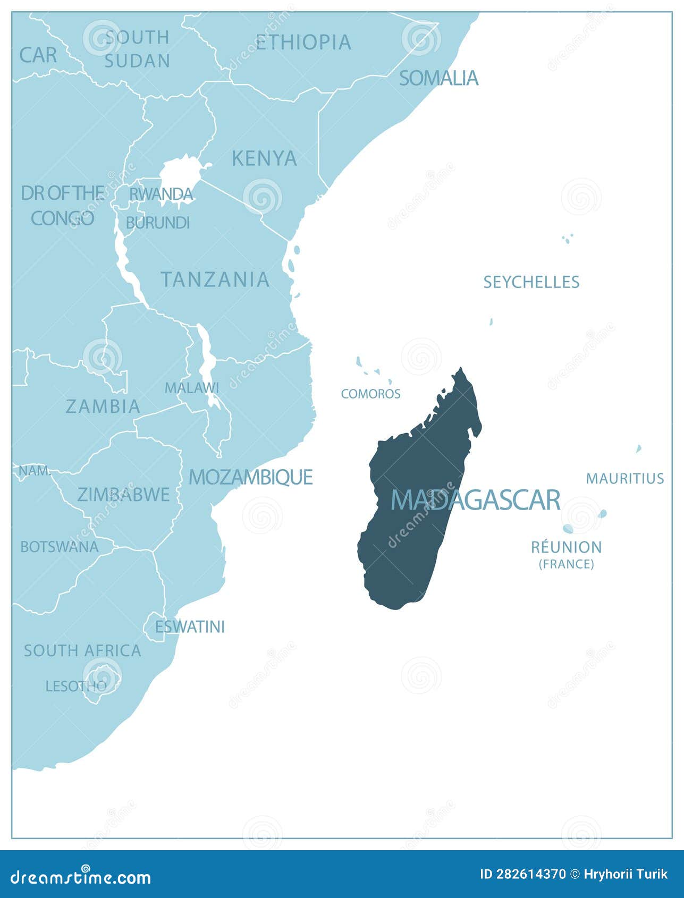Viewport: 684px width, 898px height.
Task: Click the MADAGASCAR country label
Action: tap(475, 499)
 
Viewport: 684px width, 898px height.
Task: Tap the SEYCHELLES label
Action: tap(531, 282)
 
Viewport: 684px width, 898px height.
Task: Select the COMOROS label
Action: tap(370, 394)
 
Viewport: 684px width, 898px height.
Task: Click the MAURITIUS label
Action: tap(624, 478)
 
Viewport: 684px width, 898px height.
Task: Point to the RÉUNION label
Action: tap(567, 547)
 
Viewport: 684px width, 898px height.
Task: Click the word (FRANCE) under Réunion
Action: tap(567, 564)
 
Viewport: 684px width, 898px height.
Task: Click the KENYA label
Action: tap(264, 158)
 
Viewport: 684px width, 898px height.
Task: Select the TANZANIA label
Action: tap(215, 279)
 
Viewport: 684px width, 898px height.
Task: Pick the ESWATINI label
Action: tap(190, 627)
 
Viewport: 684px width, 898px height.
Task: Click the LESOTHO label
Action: tap(76, 686)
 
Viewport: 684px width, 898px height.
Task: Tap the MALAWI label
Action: tap(191, 388)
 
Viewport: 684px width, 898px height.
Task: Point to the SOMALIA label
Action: tap(438, 78)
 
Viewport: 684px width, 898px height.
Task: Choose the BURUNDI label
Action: tap(157, 223)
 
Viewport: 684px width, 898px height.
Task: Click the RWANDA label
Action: tap(161, 194)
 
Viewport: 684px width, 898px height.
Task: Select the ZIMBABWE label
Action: tap(123, 495)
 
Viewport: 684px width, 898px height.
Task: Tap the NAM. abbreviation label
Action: tap(35, 471)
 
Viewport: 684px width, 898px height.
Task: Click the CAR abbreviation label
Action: tap(38, 55)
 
